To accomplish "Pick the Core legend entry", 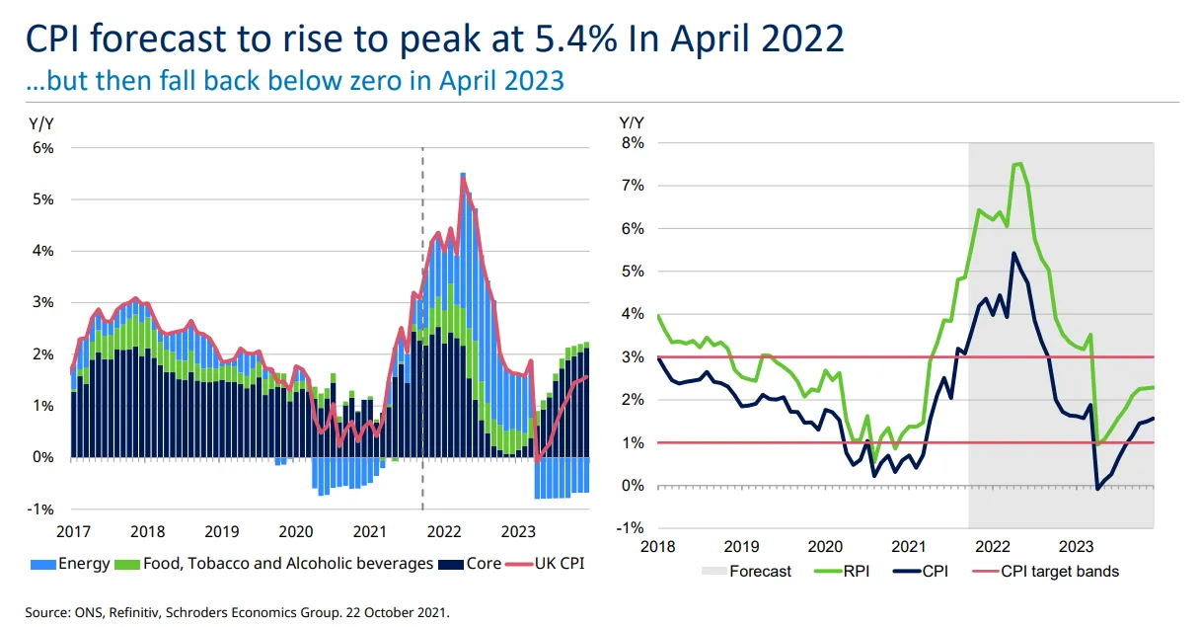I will pos(475,564).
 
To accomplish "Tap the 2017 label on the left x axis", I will pos(73,531).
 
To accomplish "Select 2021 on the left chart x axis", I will pos(370,531).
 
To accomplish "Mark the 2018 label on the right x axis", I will pos(657,546).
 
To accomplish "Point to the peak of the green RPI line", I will pos(1018,164).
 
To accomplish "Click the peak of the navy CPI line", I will pos(1013,253).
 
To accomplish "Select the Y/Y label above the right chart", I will pos(631,122).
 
